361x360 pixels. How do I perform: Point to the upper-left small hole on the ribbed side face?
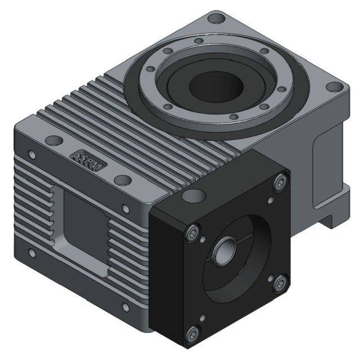pos(32,154)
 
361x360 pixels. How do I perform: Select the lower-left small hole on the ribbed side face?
pos(32,254)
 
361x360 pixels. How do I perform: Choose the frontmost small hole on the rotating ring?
pos(232,117)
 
